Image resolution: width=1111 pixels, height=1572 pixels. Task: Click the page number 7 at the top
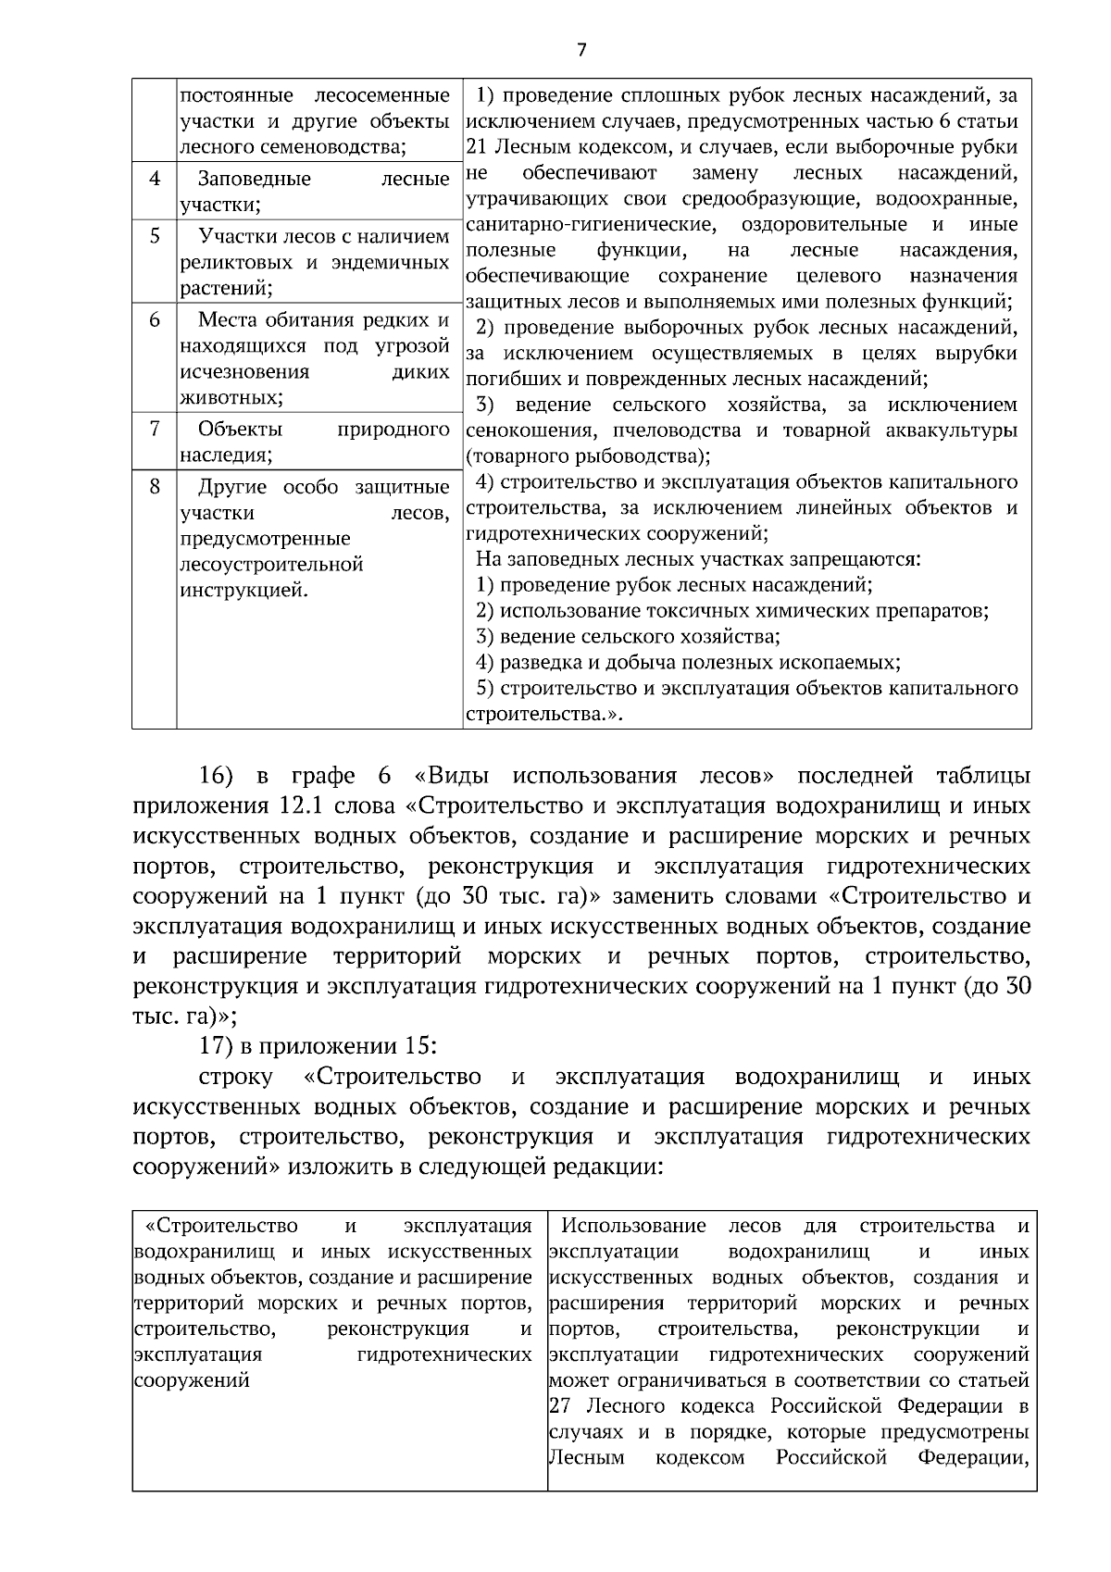(581, 50)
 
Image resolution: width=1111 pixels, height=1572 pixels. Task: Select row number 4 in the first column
(155, 178)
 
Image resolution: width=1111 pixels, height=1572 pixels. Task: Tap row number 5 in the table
(155, 236)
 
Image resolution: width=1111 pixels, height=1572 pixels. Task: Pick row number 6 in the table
(155, 320)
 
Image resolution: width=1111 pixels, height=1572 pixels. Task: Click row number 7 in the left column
(155, 429)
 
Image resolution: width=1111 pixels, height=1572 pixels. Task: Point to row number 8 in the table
(155, 486)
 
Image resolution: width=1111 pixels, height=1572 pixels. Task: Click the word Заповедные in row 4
(255, 179)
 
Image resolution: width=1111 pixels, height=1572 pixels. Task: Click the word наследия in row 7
(225, 455)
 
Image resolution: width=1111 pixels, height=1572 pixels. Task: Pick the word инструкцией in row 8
(243, 591)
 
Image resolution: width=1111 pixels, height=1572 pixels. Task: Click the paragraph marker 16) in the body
(218, 775)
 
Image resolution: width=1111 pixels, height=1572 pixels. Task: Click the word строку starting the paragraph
(235, 1077)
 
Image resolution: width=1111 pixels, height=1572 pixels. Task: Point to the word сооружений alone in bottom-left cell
(192, 1380)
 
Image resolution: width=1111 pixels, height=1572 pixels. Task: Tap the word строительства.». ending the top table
(543, 715)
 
